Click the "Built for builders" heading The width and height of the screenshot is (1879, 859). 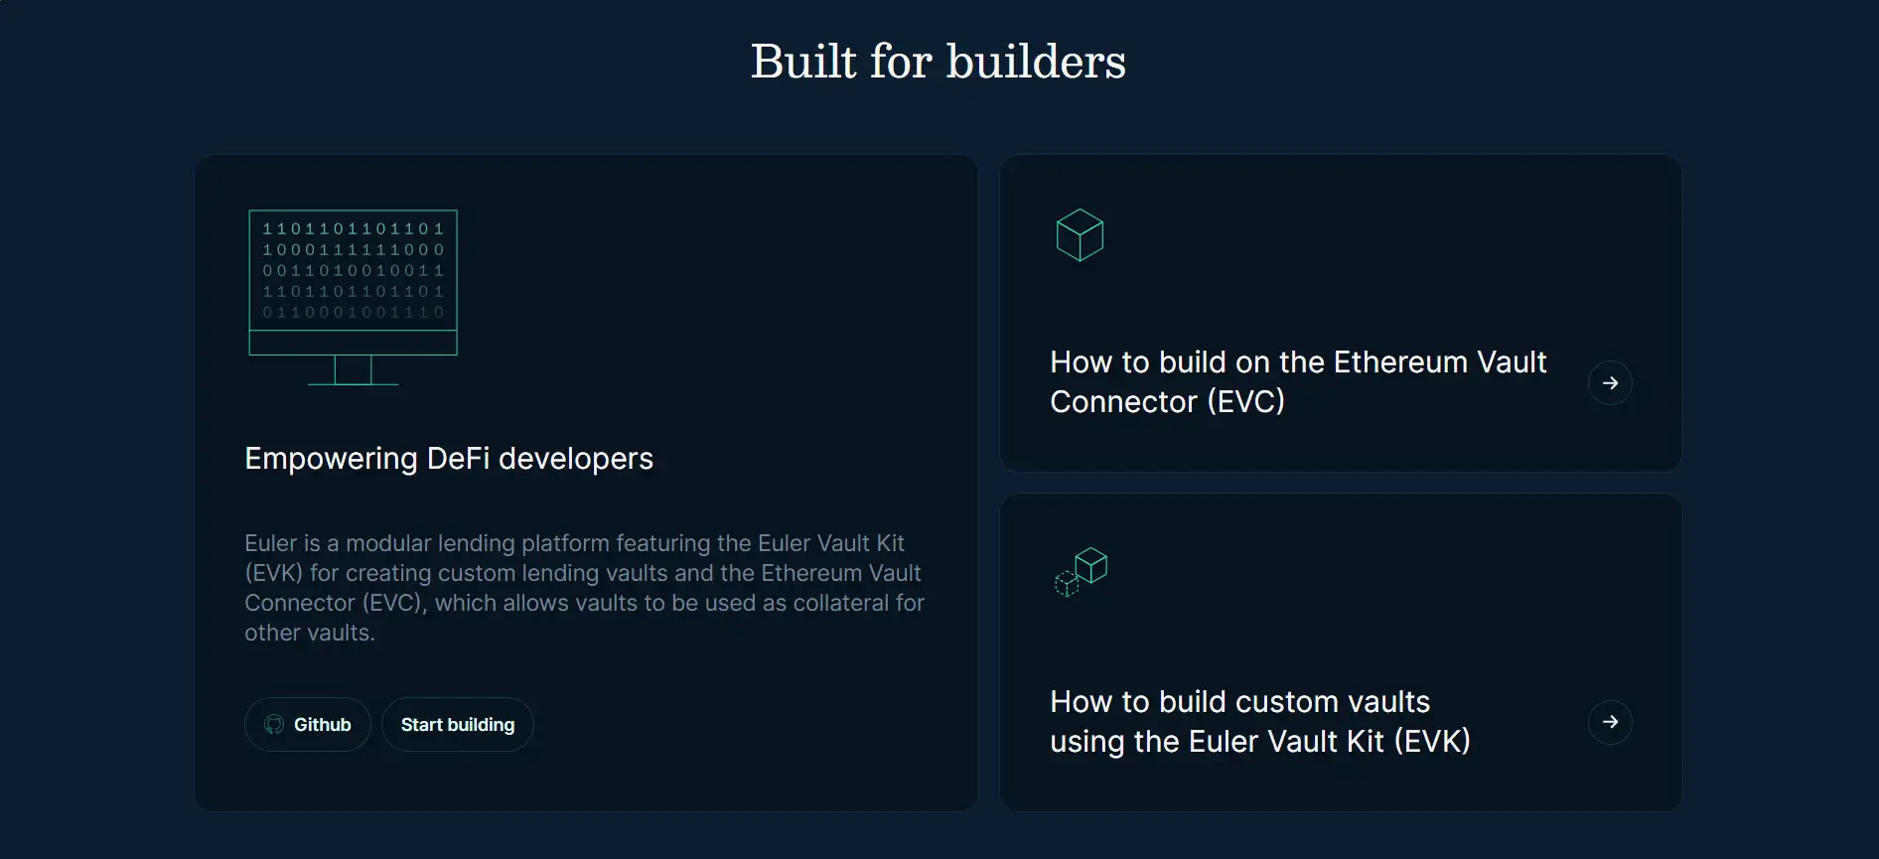pos(939,62)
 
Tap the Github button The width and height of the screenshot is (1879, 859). pos(308,725)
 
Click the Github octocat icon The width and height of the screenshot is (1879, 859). pos(274,725)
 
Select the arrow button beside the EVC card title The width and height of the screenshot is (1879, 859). pos(1610,382)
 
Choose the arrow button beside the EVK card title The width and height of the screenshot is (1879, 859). pos(1610,722)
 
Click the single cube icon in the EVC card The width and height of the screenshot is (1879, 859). pos(1080,235)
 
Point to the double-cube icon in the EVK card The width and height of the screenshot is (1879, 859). pos(1081,572)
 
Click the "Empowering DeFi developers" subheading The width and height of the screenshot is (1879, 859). pos(449,459)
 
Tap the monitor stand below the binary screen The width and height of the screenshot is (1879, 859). pos(353,370)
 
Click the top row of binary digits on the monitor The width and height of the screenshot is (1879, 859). pos(353,228)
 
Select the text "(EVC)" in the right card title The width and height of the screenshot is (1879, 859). pos(1245,402)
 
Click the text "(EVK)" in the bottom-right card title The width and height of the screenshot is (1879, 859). pos(1432,742)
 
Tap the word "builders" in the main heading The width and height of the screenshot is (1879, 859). pos(1036,62)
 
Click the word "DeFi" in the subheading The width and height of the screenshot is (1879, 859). pos(458,459)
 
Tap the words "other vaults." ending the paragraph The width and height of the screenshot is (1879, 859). pos(310,633)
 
